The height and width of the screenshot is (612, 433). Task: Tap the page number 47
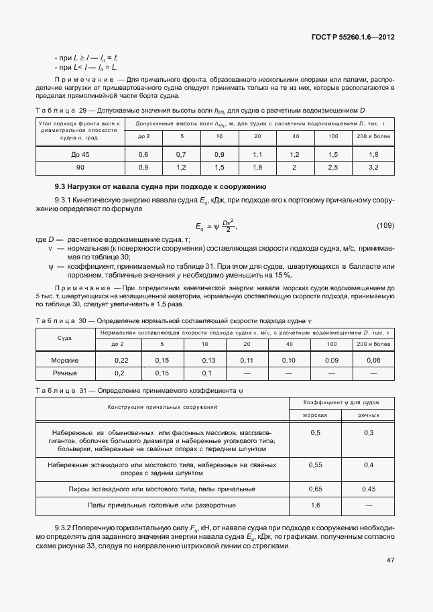tap(389, 560)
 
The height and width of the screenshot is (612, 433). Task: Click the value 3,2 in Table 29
tap(373, 167)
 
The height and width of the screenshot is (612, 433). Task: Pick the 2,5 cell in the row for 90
tap(333, 167)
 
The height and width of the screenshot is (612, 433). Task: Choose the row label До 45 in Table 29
tap(80, 154)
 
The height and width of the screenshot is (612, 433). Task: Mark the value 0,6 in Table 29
tap(143, 154)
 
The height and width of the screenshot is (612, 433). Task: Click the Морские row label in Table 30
tap(65, 360)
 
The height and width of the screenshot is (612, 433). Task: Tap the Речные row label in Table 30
tap(65, 373)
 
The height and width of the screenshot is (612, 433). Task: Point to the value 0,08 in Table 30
tap(373, 360)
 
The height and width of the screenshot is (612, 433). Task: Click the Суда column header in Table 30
tap(65, 338)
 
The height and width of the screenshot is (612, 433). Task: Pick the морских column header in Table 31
tap(315, 416)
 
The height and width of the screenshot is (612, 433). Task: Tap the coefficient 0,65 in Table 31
tap(315, 489)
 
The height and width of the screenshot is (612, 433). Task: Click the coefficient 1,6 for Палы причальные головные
tap(315, 505)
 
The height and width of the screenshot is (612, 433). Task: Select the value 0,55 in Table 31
tap(315, 465)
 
